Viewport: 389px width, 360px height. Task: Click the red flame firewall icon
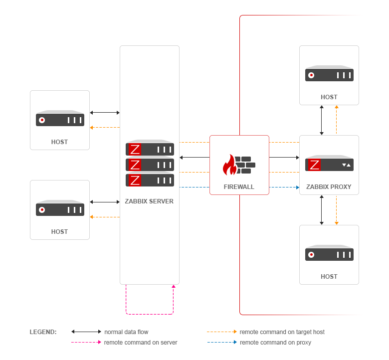[x=230, y=165]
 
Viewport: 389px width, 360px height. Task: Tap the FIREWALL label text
[x=239, y=187]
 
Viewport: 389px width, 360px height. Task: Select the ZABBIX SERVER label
[x=149, y=201]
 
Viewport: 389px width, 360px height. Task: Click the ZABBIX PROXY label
[x=329, y=187]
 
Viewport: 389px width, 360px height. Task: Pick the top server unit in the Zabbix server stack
[x=150, y=149]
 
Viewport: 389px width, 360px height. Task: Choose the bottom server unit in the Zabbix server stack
[x=150, y=180]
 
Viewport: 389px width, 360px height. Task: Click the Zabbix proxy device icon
[x=329, y=164]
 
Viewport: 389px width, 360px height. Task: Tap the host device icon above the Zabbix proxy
[x=329, y=75]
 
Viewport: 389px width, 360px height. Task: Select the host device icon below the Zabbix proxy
[x=329, y=254]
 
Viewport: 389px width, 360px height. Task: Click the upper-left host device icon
[x=60, y=120]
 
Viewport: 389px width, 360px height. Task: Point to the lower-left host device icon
[x=60, y=209]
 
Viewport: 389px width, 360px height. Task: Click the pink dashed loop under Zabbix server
[x=149, y=314]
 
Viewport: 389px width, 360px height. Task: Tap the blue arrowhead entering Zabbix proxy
[x=297, y=187]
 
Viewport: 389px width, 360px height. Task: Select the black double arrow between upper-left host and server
[x=105, y=113]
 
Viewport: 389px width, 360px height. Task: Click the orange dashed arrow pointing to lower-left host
[x=105, y=217]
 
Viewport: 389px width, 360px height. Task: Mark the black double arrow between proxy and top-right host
[x=322, y=120]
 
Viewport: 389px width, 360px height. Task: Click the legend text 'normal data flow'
[x=126, y=332]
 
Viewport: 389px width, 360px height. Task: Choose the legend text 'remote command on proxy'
[x=275, y=343]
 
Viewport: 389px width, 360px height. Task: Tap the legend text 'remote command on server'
[x=141, y=343]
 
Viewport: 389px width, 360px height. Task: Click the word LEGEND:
[x=43, y=332]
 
